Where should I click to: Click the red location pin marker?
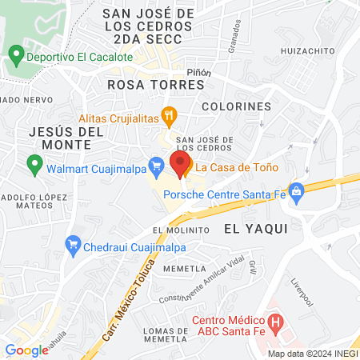[178, 162]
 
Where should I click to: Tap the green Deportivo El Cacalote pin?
[15, 56]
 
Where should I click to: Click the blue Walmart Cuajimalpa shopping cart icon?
[157, 166]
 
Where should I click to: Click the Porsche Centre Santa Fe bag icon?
[297, 191]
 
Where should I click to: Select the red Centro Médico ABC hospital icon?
[276, 324]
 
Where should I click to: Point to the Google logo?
[26, 350]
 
